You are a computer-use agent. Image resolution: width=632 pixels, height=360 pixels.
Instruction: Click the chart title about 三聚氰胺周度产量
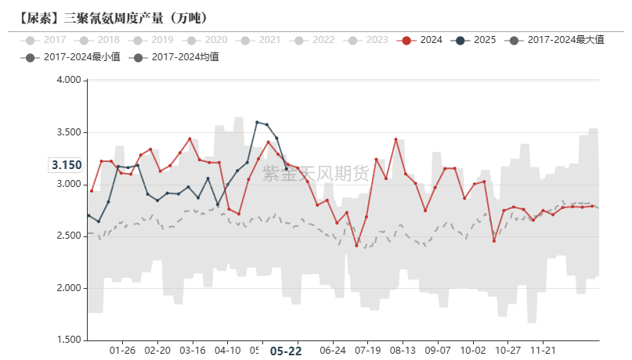coord(113,17)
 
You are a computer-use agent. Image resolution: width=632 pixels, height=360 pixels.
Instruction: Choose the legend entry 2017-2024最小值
coord(71,56)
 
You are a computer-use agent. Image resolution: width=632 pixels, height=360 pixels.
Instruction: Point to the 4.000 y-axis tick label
coord(69,80)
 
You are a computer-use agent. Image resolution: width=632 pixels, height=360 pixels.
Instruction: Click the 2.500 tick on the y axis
coord(69,236)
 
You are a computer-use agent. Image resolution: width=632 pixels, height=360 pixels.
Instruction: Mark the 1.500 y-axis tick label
coord(69,340)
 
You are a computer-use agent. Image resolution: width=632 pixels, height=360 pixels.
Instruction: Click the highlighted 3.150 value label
coord(67,165)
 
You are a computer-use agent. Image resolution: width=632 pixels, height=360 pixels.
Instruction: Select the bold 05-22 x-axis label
coord(285,351)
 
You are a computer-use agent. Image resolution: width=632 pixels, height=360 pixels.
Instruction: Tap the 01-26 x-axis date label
coord(123,351)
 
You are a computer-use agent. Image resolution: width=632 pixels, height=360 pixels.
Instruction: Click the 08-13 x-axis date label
coord(403,351)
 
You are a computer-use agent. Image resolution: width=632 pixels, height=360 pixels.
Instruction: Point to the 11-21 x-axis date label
coord(544,351)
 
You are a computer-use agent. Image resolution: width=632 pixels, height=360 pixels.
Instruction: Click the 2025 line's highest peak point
coord(257,122)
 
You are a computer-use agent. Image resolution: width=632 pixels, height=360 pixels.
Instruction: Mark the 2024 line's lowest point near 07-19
coord(356,246)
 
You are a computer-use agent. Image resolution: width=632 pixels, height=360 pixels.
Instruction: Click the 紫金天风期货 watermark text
coord(316,174)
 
